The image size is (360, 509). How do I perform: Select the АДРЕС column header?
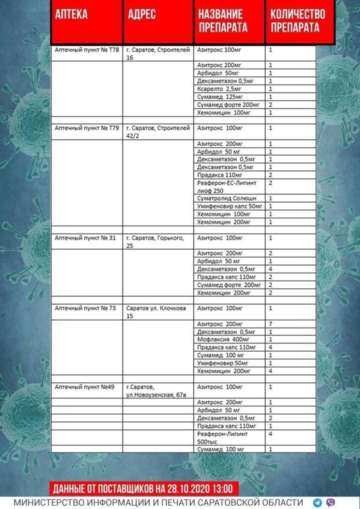pos(141,14)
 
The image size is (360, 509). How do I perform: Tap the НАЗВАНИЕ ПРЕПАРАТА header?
pos(223,20)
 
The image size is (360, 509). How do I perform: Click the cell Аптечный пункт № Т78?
pos(86,50)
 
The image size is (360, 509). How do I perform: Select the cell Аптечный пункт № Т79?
pos(86,128)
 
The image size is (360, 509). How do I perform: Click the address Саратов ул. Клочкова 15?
pos(156,312)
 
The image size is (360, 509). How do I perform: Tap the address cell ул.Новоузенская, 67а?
pos(156,390)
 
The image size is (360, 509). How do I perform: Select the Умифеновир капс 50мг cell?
pos(229,206)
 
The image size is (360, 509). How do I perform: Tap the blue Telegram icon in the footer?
pos(317,502)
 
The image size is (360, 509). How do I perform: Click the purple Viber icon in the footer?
pos(330,502)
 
